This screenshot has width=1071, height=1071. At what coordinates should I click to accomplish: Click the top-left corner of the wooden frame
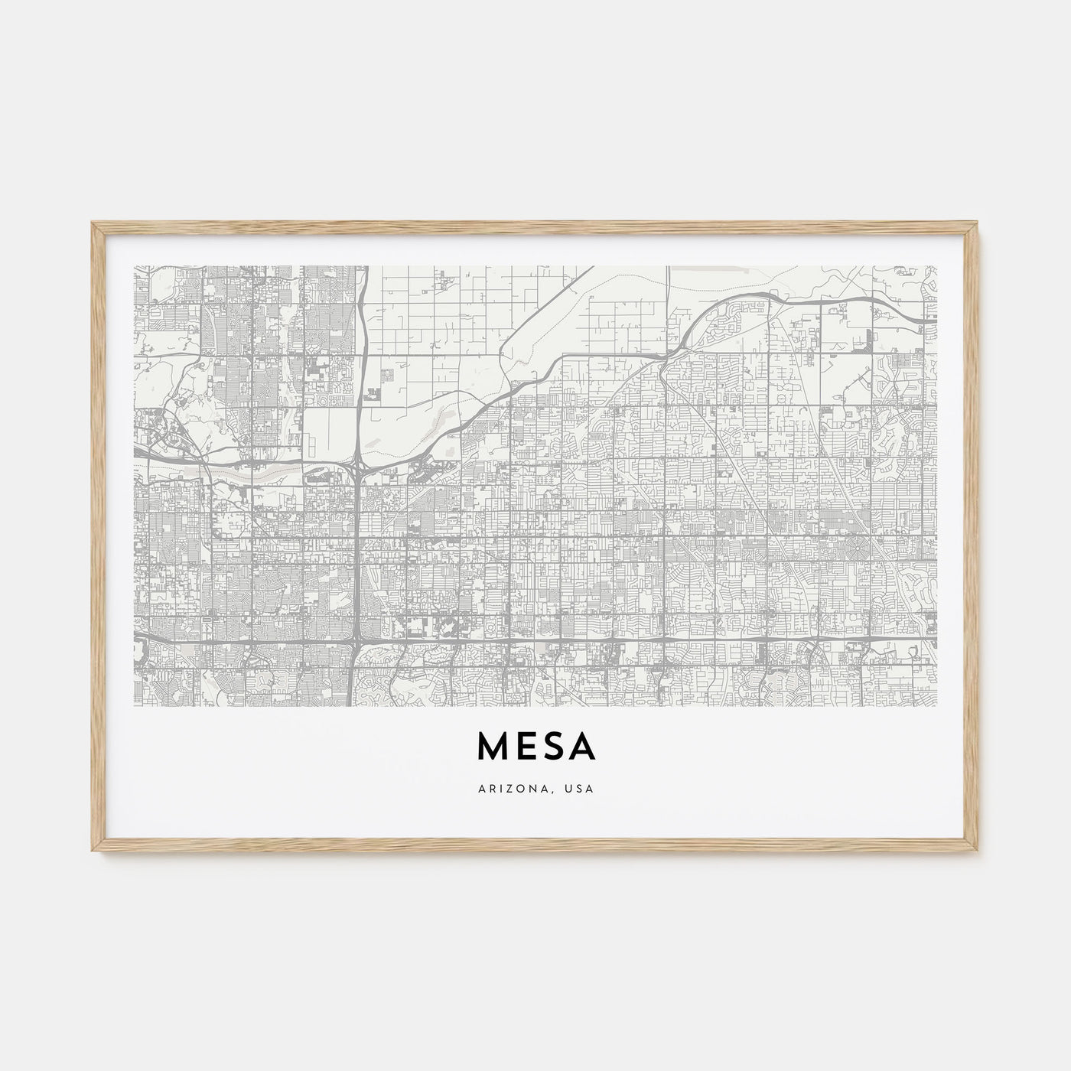point(92,223)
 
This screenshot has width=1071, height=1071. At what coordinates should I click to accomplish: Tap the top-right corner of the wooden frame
point(979,223)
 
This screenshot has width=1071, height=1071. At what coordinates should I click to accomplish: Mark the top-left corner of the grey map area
point(134,266)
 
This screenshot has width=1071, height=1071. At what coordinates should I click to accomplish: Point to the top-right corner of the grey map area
point(936,266)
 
